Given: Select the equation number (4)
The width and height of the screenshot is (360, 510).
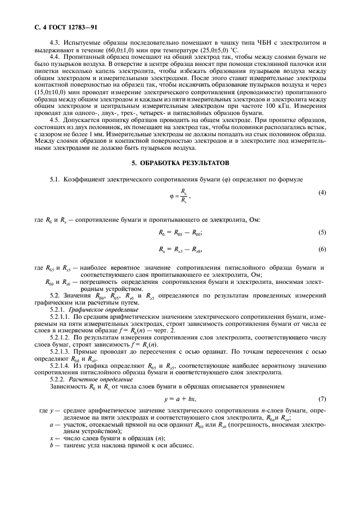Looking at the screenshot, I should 322,192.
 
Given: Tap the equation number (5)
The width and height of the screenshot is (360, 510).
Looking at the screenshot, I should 322,233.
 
